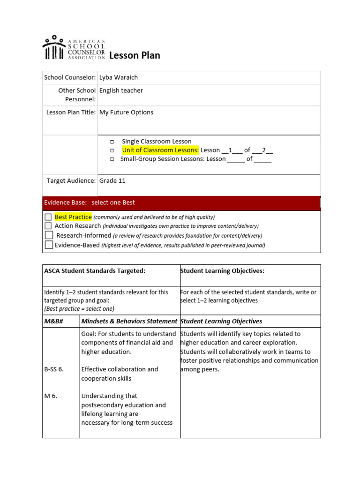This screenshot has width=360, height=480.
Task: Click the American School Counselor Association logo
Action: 74,48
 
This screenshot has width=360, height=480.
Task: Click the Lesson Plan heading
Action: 135,56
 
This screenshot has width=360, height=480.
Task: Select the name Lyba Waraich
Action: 119,77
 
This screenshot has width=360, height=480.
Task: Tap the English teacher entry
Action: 121,90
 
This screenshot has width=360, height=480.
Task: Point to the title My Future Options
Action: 126,112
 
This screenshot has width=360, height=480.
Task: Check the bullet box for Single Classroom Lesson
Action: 112,142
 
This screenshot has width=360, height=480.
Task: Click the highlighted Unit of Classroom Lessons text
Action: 160,150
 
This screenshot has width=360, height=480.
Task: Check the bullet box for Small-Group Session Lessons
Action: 112,159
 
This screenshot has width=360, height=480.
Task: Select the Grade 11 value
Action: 112,181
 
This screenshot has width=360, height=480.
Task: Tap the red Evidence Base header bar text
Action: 90,202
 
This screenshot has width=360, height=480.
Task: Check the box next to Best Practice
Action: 48,217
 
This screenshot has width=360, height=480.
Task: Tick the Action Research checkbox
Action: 48,226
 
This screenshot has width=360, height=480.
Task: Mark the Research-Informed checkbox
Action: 48,235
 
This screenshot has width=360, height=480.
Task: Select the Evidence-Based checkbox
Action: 48,245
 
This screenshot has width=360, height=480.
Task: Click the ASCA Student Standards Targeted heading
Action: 95,271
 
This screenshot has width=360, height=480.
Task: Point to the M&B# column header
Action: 54,322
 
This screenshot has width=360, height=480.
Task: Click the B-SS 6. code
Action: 53,369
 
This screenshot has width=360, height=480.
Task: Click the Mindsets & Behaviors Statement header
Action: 129,322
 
